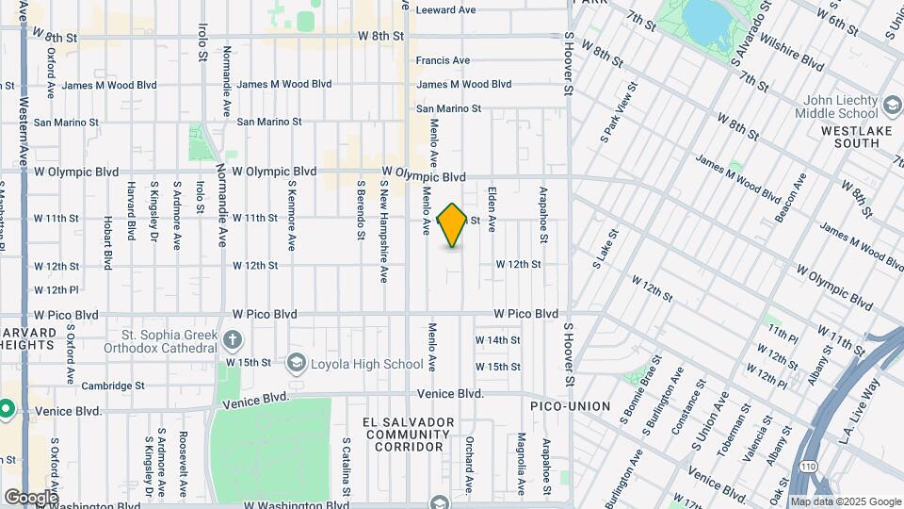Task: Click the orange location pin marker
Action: coord(453,225)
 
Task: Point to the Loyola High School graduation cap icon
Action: coord(297,364)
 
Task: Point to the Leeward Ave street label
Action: coord(446,10)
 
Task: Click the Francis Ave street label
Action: coord(443,60)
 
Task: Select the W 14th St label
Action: coord(497,340)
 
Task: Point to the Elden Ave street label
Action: coord(492,209)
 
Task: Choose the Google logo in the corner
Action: coord(31,497)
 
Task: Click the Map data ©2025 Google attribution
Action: coord(845,501)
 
